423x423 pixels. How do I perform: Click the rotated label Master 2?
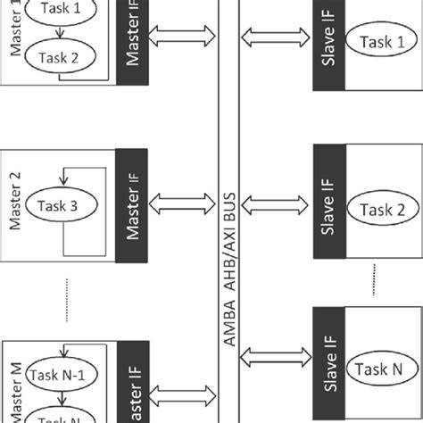tap(15, 204)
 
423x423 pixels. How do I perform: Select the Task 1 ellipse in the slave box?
tap(381, 42)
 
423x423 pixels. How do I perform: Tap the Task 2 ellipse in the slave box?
tap(382, 211)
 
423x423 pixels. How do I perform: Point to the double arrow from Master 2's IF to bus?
tap(182, 204)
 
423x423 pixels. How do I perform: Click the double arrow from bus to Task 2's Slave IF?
tap(274, 204)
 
